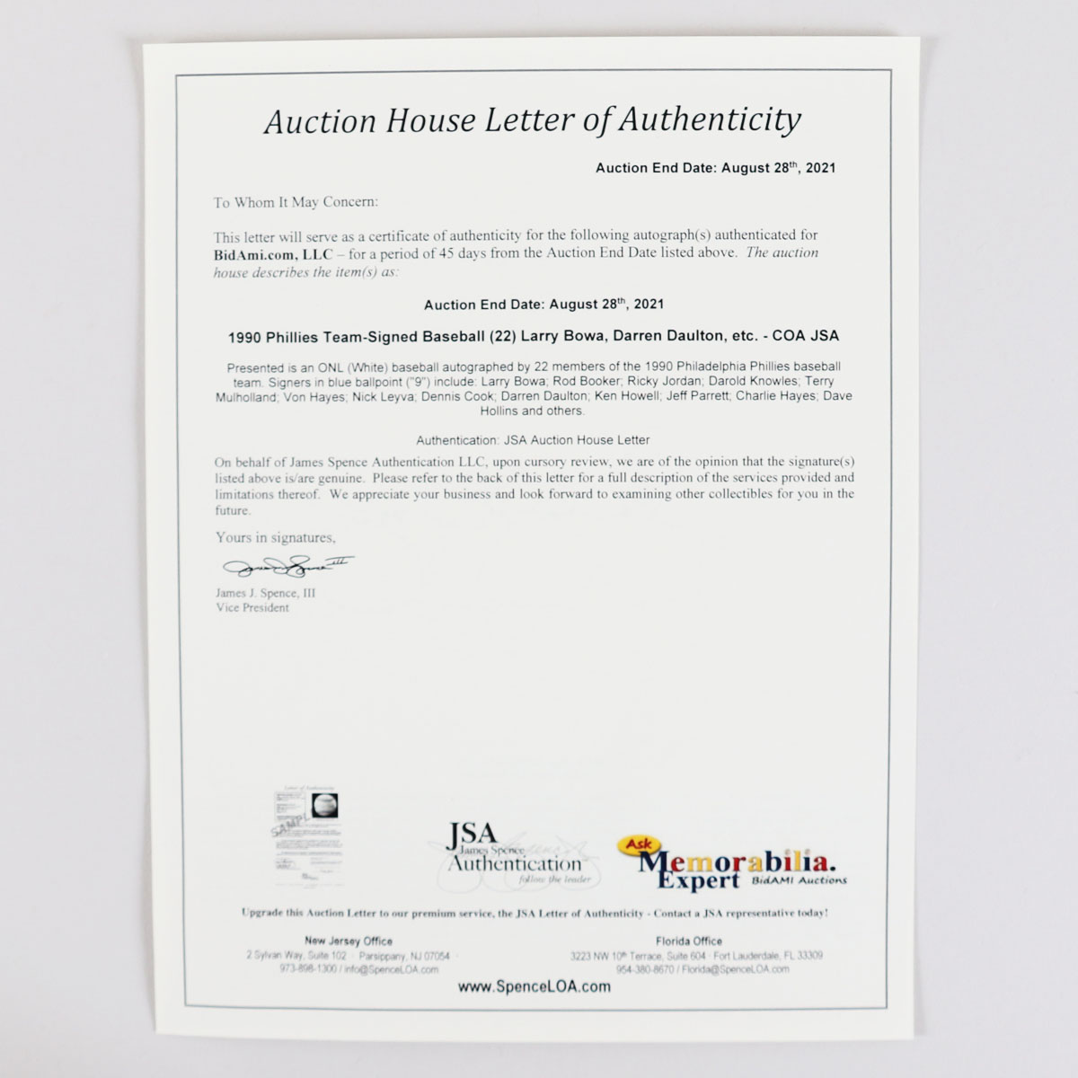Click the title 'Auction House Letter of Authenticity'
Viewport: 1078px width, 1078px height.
tap(532, 120)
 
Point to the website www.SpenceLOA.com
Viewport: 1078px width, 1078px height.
tap(534, 986)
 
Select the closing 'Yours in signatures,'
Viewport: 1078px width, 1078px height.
tap(275, 538)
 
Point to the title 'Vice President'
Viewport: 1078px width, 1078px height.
tap(252, 608)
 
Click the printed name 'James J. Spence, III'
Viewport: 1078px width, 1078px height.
tap(265, 594)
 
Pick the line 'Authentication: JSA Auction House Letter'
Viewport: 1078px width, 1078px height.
tap(533, 440)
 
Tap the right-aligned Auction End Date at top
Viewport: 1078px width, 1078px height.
tap(716, 167)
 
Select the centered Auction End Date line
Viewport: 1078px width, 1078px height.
tap(543, 305)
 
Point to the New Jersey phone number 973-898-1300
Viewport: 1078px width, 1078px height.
tap(277, 969)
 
